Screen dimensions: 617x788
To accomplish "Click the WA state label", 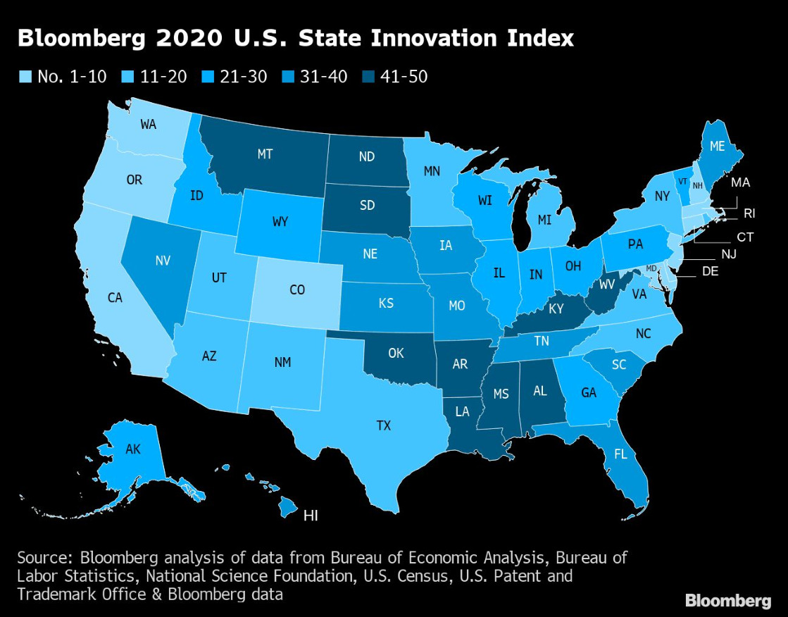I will pos(148,125).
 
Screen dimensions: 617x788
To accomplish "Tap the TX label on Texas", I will pos(383,425).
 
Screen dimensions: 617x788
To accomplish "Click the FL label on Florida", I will pos(620,454).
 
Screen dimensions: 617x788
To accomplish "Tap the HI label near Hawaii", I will pos(310,516).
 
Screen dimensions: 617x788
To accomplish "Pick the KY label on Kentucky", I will pos(556,308).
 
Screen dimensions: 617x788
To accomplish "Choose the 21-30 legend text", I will pos(242,77).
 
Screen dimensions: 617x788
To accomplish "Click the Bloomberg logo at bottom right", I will pos(728,600).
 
